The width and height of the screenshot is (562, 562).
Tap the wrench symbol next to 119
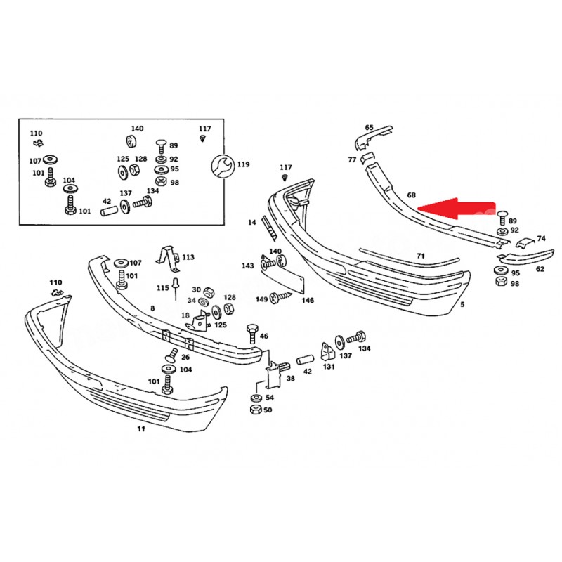click(x=221, y=165)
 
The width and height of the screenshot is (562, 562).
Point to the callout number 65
click(x=370, y=127)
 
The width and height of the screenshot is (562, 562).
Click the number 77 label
click(x=352, y=160)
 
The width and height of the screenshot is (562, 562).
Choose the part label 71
click(x=421, y=255)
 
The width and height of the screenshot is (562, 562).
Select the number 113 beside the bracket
click(x=188, y=258)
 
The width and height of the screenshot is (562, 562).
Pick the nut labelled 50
click(x=256, y=410)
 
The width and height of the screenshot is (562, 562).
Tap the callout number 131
click(x=328, y=366)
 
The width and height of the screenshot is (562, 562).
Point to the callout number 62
click(x=540, y=268)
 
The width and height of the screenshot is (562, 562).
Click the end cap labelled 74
click(x=523, y=244)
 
